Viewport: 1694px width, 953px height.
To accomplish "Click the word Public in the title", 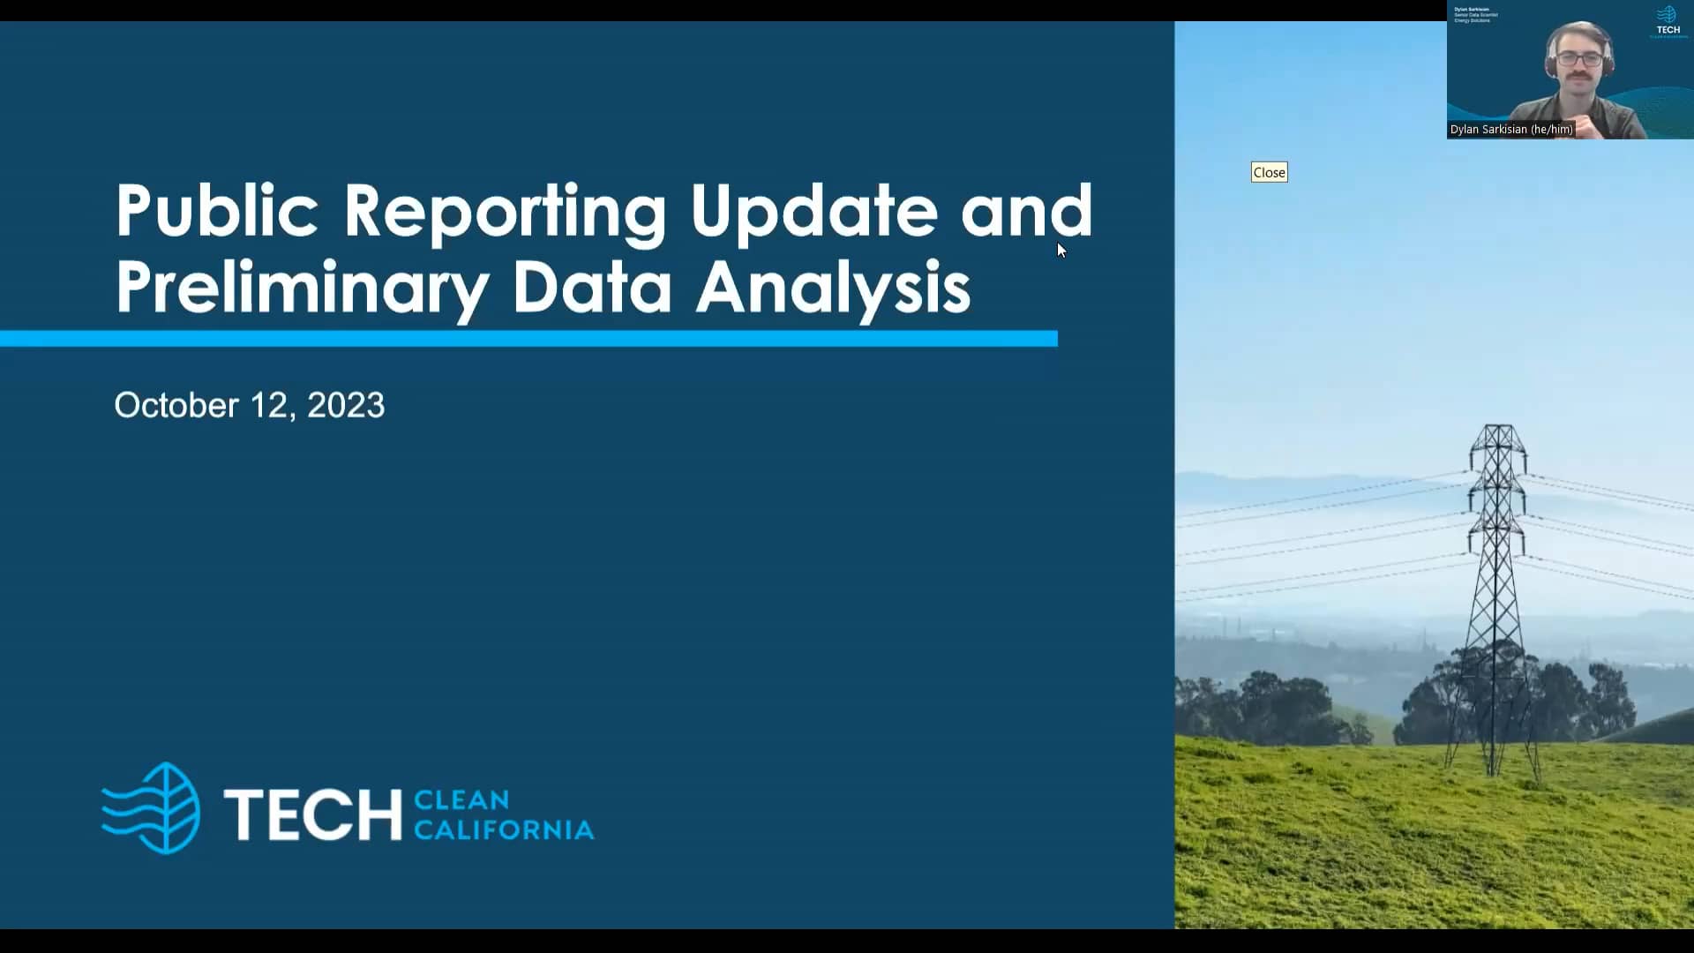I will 216,212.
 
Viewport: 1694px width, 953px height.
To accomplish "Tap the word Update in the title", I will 813,212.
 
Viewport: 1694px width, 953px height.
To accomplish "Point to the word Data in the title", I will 591,288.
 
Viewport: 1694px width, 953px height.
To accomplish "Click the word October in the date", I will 176,406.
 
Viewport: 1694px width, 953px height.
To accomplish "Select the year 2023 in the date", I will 346,406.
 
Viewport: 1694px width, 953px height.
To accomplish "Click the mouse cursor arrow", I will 1061,251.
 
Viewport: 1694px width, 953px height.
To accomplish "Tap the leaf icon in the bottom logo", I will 153,808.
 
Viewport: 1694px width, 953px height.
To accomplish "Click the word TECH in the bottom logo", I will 312,814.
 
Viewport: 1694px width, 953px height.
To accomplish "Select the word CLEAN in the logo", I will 461,800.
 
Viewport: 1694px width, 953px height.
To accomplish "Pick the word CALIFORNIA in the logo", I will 504,830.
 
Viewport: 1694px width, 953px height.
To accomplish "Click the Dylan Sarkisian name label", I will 1510,130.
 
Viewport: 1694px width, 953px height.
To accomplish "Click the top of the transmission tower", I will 1497,430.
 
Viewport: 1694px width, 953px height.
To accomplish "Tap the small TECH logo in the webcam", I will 1668,21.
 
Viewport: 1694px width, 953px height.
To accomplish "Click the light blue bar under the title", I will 529,339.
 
